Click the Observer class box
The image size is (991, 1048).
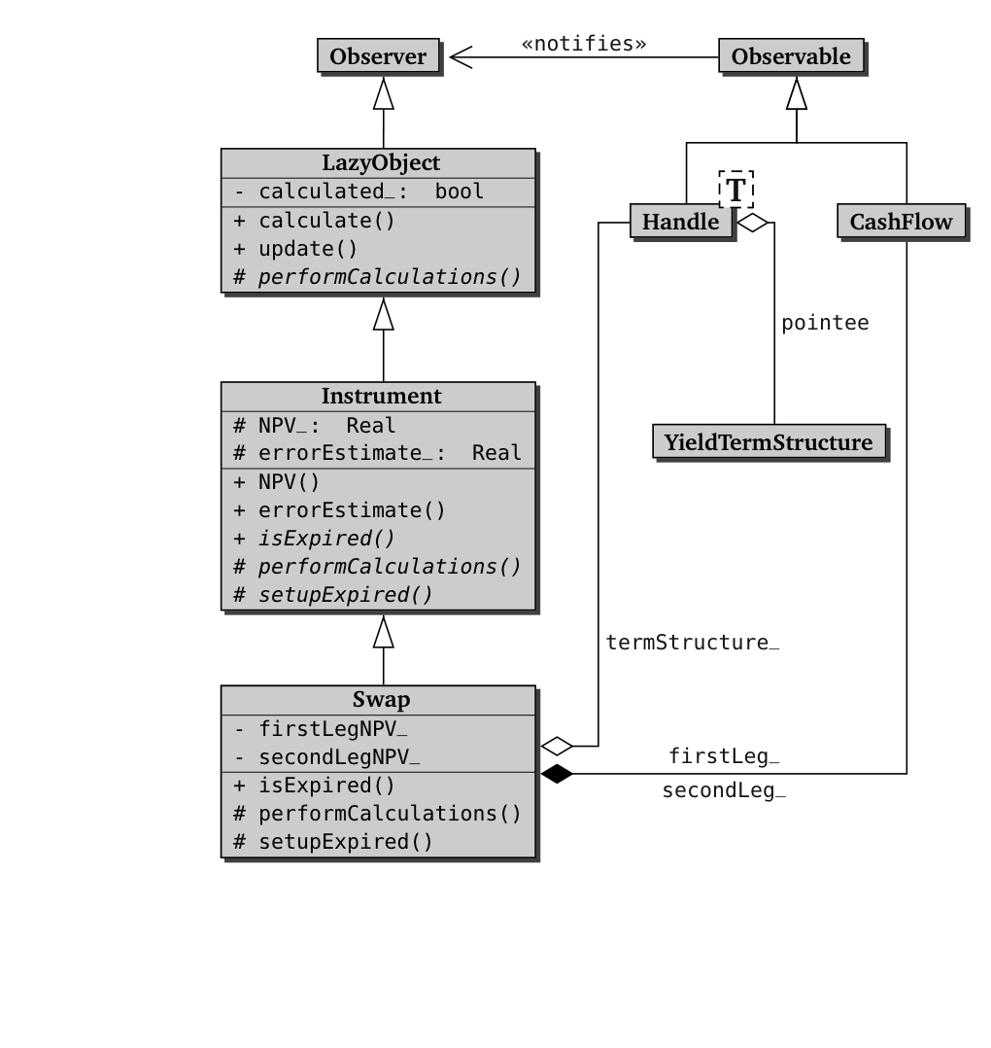pyautogui.click(x=378, y=56)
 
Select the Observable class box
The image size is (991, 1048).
pyautogui.click(x=790, y=56)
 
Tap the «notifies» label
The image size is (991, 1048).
pyautogui.click(x=583, y=43)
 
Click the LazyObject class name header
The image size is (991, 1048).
pyautogui.click(x=380, y=162)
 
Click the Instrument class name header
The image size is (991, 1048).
pyautogui.click(x=380, y=397)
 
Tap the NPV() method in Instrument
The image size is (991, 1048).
pyautogui.click(x=289, y=482)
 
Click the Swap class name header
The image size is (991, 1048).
pyautogui.click(x=380, y=700)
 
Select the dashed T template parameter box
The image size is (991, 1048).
pyautogui.click(x=735, y=189)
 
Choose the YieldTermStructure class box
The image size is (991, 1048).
pyautogui.click(x=769, y=442)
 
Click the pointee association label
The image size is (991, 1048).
pyautogui.click(x=825, y=323)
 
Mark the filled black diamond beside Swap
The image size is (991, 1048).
pyautogui.click(x=557, y=774)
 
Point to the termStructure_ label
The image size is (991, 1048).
pyautogui.click(x=693, y=643)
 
